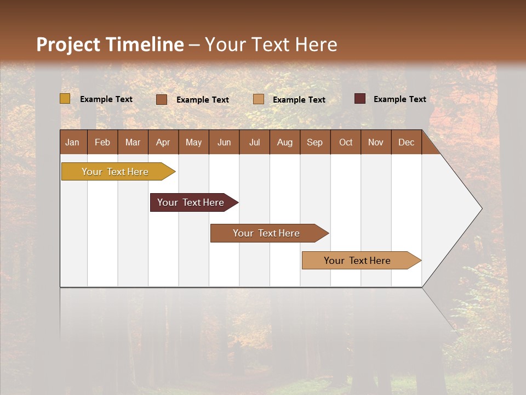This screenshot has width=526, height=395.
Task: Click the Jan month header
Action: (72, 142)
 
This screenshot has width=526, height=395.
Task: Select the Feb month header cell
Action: (102, 142)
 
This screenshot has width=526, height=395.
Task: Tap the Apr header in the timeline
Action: (163, 142)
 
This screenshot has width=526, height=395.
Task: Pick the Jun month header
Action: (224, 142)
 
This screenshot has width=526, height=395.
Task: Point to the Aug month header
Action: (284, 142)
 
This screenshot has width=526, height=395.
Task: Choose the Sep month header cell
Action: (315, 142)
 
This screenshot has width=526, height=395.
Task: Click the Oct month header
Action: (346, 142)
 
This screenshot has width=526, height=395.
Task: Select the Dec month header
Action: (406, 142)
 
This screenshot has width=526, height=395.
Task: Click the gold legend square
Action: (65, 99)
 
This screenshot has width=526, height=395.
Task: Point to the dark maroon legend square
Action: (360, 99)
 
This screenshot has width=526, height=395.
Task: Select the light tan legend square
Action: (259, 99)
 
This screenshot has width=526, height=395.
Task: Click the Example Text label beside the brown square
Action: (202, 100)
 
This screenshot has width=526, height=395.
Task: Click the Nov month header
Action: (375, 142)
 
